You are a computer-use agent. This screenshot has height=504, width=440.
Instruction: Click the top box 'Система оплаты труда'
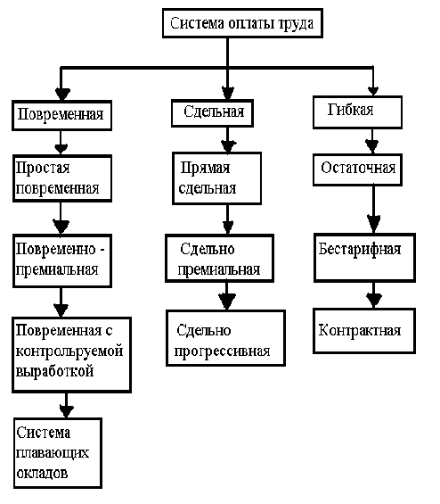(x=242, y=23)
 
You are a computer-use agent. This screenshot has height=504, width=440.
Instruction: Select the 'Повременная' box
(x=62, y=115)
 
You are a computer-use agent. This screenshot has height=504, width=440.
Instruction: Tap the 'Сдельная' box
(x=213, y=113)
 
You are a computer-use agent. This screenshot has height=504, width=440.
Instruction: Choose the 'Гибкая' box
(x=357, y=112)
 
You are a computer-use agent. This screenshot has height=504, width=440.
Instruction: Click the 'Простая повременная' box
(x=62, y=178)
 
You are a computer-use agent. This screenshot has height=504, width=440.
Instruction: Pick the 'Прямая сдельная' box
(x=217, y=178)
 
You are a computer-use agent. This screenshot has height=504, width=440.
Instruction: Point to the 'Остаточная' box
(x=357, y=169)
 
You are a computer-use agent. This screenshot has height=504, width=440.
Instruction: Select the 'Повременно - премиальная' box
(x=62, y=260)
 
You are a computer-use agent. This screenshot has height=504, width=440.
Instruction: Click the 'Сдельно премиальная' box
(x=219, y=258)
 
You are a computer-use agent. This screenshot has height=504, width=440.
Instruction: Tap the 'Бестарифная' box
(x=364, y=258)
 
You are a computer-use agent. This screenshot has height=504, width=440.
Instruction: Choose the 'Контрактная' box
(x=364, y=331)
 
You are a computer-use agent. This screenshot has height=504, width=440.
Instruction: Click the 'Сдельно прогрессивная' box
(x=225, y=338)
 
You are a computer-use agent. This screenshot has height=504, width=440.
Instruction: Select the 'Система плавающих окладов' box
(x=58, y=453)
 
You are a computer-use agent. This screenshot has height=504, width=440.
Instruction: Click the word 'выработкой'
(x=54, y=372)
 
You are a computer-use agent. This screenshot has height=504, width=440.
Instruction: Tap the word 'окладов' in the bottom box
(x=42, y=473)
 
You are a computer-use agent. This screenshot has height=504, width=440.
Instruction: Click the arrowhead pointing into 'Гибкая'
(x=372, y=91)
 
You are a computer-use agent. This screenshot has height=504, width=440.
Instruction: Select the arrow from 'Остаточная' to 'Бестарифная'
(x=373, y=210)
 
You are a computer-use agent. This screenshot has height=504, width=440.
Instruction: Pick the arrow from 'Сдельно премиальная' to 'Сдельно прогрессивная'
(x=227, y=296)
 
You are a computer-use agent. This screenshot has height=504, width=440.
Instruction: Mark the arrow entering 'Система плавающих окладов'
(x=67, y=405)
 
